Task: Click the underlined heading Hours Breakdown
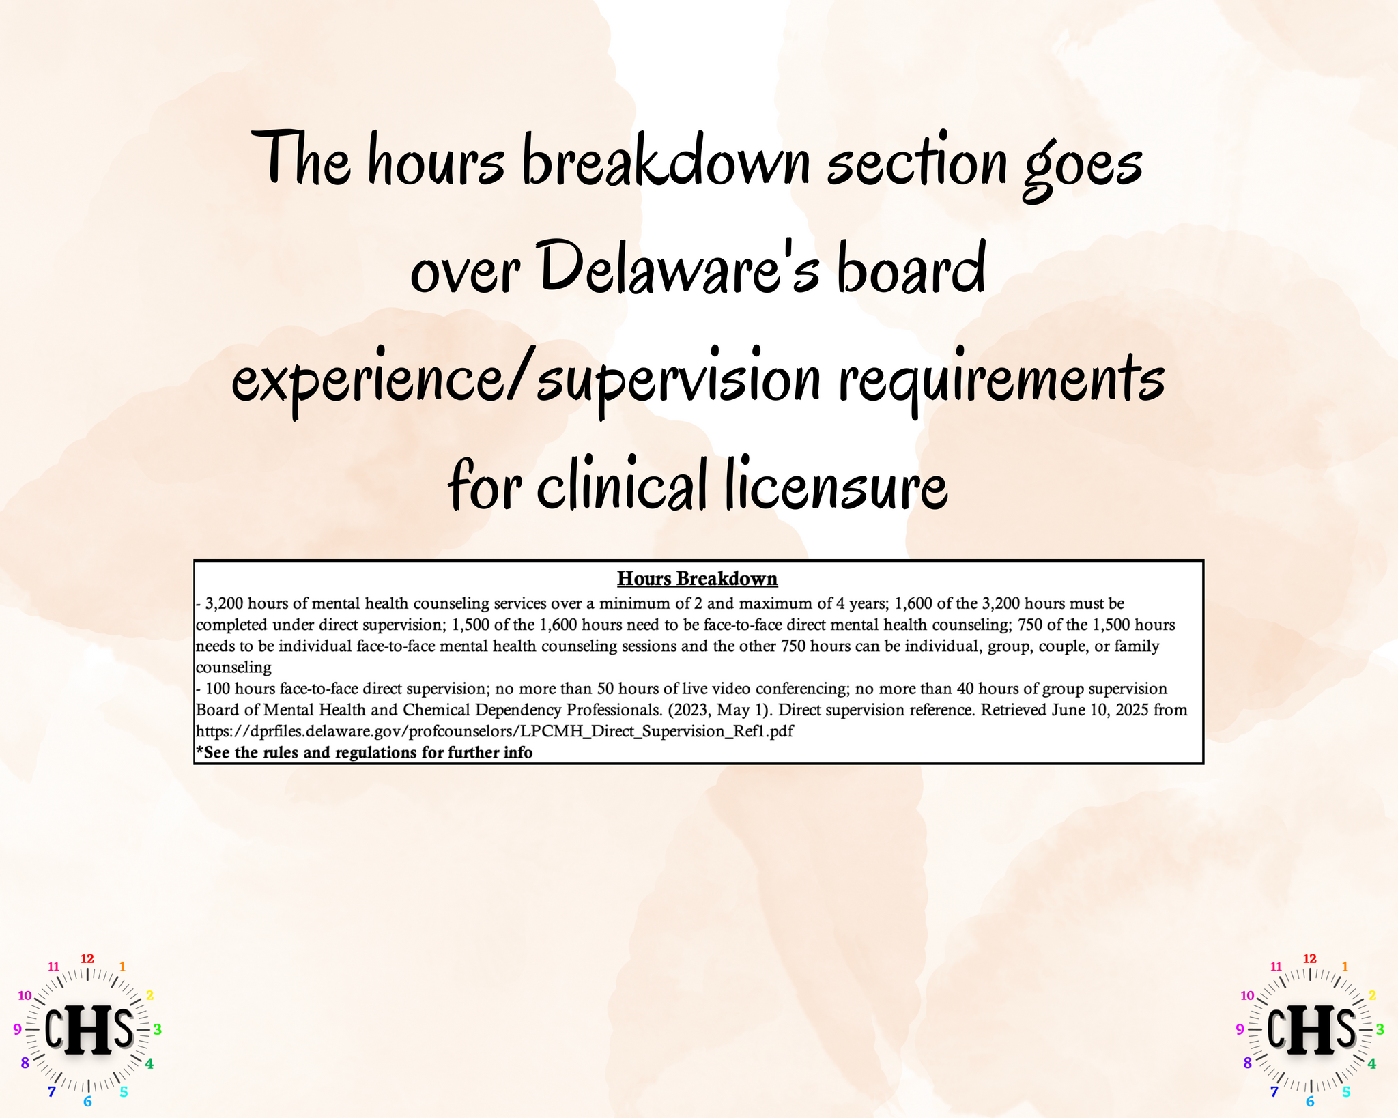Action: click(x=697, y=579)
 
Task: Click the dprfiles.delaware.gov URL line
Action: click(x=495, y=731)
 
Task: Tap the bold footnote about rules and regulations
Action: click(x=365, y=752)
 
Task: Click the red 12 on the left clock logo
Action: click(x=87, y=958)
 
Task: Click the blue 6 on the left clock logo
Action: click(x=87, y=1102)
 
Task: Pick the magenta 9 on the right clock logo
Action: click(x=1240, y=1029)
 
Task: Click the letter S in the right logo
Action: click(x=1345, y=1029)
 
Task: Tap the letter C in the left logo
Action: click(x=56, y=1029)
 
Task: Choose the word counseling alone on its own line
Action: click(x=234, y=668)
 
